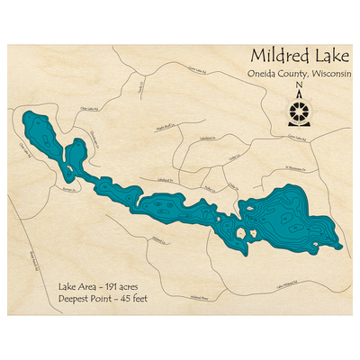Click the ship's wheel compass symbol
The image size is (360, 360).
pos(299,114)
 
